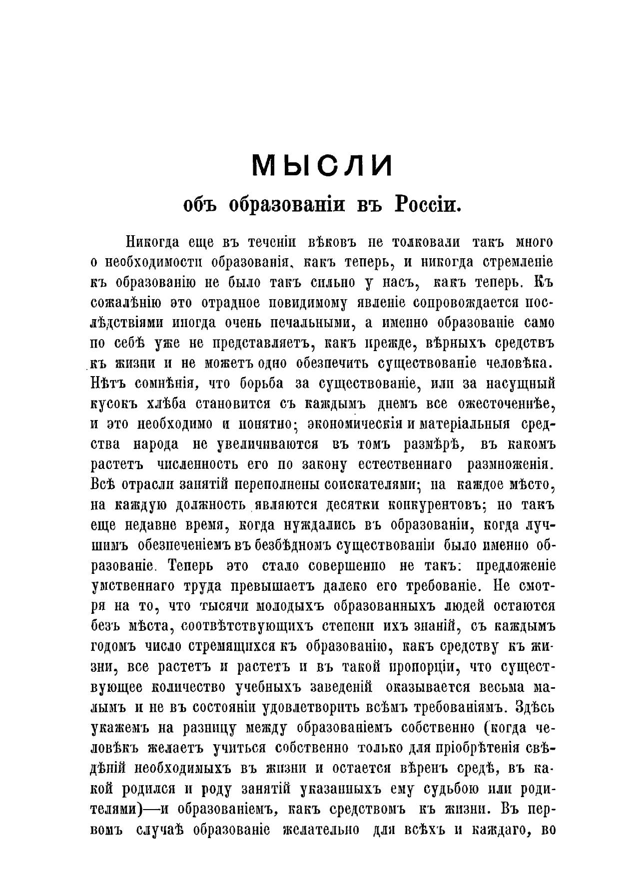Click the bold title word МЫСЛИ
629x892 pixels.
(x=322, y=165)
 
